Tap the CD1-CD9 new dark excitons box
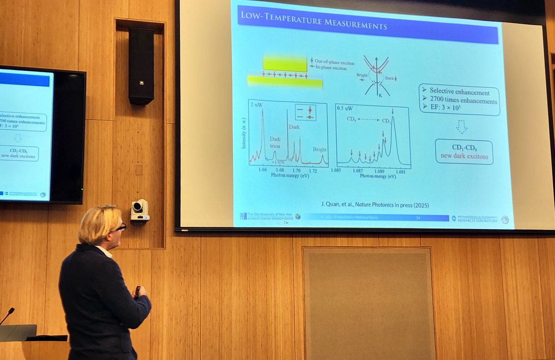[x=464, y=152]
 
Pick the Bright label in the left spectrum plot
[x=319, y=150]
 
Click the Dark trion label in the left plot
[x=275, y=142]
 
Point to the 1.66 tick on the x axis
[x=262, y=170]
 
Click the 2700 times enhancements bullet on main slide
[x=463, y=101]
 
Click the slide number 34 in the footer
[x=418, y=217]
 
